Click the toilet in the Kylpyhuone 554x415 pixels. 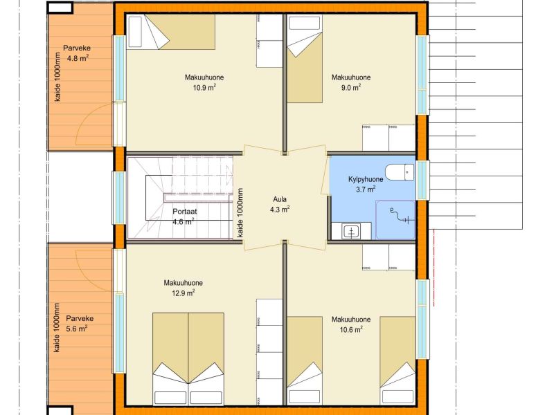400,172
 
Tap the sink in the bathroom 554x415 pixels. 352,232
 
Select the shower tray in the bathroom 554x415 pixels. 395,220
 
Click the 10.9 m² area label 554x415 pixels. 204,88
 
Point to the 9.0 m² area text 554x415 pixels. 351,88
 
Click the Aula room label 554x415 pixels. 280,199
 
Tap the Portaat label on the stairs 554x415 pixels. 184,212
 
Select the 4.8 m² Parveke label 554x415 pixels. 78,58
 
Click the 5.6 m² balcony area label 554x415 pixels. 77,329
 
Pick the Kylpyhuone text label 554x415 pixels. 366,179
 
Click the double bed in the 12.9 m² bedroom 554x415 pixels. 188,358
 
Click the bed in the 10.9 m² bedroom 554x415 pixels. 171,32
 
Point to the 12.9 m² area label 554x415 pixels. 184,293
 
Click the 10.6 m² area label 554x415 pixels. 351,330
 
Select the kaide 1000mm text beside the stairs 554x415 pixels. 240,213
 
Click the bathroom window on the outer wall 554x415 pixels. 422,180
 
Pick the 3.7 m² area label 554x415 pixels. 366,190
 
